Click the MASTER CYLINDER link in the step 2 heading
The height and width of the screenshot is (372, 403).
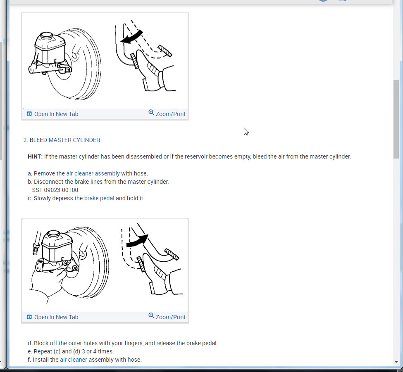click(x=74, y=140)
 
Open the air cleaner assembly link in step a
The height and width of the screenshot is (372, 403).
click(x=93, y=173)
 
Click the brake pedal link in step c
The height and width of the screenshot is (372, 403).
click(x=99, y=199)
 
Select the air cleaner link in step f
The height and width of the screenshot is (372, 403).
click(x=74, y=360)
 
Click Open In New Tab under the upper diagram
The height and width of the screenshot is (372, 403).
click(x=52, y=114)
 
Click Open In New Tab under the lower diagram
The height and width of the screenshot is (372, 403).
click(x=52, y=317)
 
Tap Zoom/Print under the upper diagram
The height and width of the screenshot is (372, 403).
click(x=167, y=114)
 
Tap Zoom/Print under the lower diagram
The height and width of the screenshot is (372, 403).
click(x=167, y=317)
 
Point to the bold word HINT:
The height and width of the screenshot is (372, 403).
click(x=35, y=156)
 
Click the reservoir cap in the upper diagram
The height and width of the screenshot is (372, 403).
click(x=47, y=35)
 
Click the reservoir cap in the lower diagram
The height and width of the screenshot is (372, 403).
click(x=54, y=234)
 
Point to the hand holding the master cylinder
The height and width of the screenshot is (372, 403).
click(x=48, y=280)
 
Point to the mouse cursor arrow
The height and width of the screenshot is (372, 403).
click(x=246, y=131)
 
